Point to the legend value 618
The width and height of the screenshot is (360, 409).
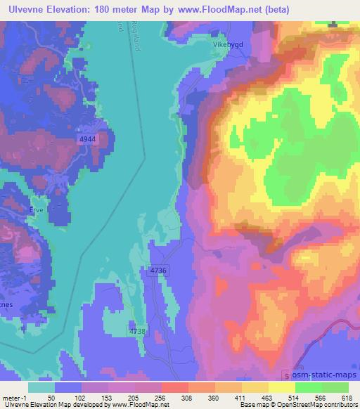pos(347,398)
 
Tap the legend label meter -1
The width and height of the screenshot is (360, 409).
pos(13,398)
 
